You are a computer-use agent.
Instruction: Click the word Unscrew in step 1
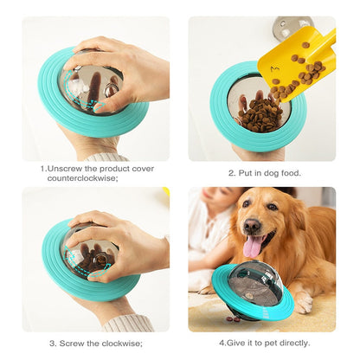(72, 170)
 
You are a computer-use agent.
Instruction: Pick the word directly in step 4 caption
(292, 343)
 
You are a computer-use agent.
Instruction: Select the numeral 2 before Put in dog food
(230, 172)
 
